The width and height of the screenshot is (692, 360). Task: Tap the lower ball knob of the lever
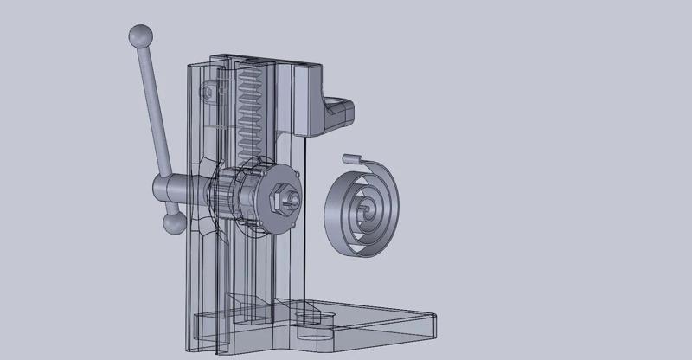click(x=173, y=224)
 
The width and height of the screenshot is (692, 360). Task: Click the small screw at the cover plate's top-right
click(x=297, y=176)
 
